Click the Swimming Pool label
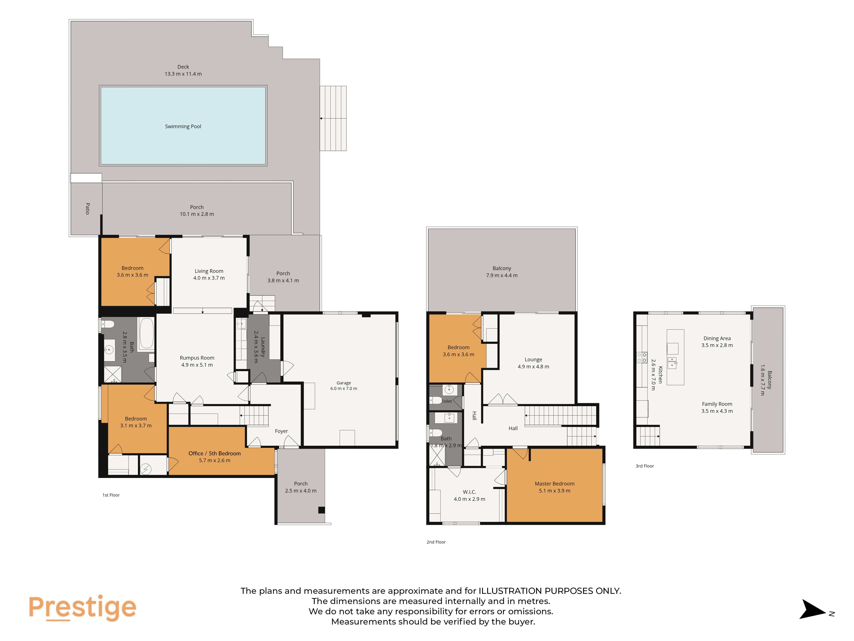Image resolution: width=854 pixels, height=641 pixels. (x=183, y=126)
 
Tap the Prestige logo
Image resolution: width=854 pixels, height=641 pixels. (x=82, y=607)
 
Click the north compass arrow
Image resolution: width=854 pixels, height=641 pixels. (x=813, y=609)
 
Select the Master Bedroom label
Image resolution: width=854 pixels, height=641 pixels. (x=554, y=484)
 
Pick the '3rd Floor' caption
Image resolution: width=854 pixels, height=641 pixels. (x=645, y=466)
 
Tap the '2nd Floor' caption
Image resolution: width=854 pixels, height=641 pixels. (x=436, y=542)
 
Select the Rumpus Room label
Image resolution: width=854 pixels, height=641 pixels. (x=197, y=358)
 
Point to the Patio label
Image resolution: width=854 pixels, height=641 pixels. (x=88, y=209)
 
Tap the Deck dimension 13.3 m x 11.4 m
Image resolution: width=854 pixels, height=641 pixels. (x=183, y=74)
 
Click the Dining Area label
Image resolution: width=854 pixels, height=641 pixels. (x=717, y=338)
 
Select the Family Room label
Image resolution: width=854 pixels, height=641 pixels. (x=717, y=404)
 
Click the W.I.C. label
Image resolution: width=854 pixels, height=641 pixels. (x=469, y=492)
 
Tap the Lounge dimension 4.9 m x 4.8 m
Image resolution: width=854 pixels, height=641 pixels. (x=533, y=367)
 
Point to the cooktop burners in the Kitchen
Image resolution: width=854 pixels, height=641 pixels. (x=642, y=357)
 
